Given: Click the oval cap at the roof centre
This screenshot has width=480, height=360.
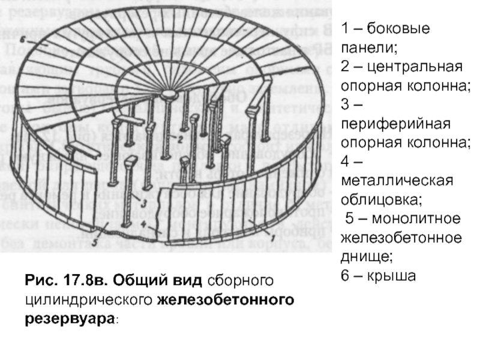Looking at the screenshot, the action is tap(169, 94).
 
